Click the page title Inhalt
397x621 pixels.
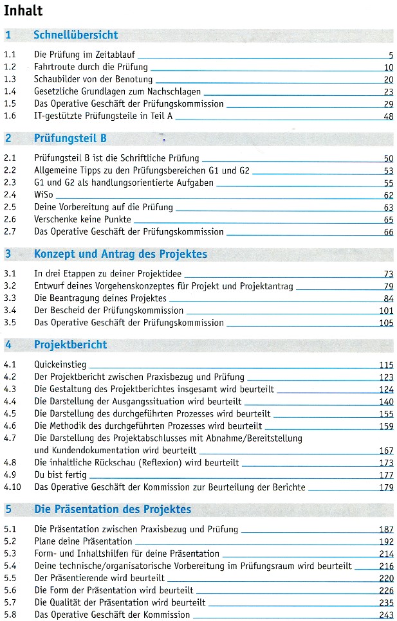tap(23, 10)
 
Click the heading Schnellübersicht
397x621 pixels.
tap(75, 35)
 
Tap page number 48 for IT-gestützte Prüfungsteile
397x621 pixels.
tap(387, 116)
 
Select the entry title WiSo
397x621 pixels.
tap(44, 195)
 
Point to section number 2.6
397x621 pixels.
tap(10, 219)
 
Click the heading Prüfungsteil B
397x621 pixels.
tap(70, 138)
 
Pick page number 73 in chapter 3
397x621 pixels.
tap(387, 274)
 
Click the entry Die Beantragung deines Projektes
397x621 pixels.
tap(100, 298)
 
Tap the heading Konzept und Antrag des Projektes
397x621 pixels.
tap(120, 254)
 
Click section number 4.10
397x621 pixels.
tap(12, 487)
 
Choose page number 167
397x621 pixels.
tap(386, 451)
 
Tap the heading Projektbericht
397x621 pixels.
tap(70, 345)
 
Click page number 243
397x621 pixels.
tap(386, 615)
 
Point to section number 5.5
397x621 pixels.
tap(10, 578)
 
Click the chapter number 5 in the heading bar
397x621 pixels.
tap(8, 510)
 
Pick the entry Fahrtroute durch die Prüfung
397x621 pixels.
tap(91, 67)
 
